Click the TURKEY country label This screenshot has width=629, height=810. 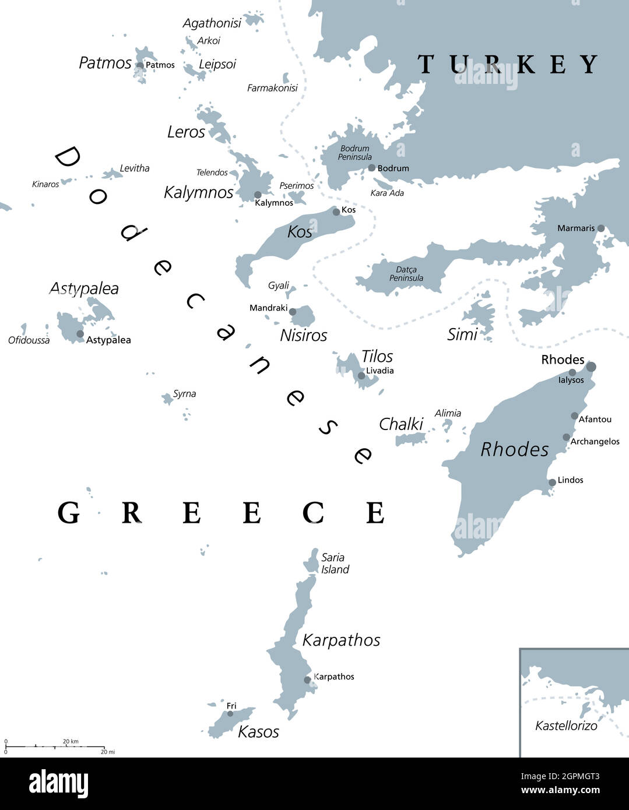tap(507, 64)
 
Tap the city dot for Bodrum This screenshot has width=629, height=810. tap(372, 168)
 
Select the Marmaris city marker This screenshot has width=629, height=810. tap(600, 228)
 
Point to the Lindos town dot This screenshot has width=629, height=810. tap(552, 483)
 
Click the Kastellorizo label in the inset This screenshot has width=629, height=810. tap(566, 726)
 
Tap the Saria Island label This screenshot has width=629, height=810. tap(335, 564)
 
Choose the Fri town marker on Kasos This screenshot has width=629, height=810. tap(230, 713)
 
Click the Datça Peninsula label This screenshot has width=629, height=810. tap(406, 274)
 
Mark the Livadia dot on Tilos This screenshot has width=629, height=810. tap(361, 376)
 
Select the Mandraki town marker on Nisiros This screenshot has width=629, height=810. tap(293, 312)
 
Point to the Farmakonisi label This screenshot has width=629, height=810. tap(272, 88)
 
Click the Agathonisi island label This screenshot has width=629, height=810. tap(212, 23)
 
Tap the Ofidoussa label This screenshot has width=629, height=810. tap(29, 340)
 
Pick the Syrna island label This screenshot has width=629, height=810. tap(184, 394)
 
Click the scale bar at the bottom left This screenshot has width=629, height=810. tap(55, 746)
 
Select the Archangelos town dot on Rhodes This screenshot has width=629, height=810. tap(566, 437)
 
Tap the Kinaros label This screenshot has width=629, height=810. tap(45, 184)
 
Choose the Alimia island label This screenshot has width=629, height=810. tap(448, 413)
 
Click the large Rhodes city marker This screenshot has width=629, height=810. tap(591, 367)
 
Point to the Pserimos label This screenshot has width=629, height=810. tap(296, 186)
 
